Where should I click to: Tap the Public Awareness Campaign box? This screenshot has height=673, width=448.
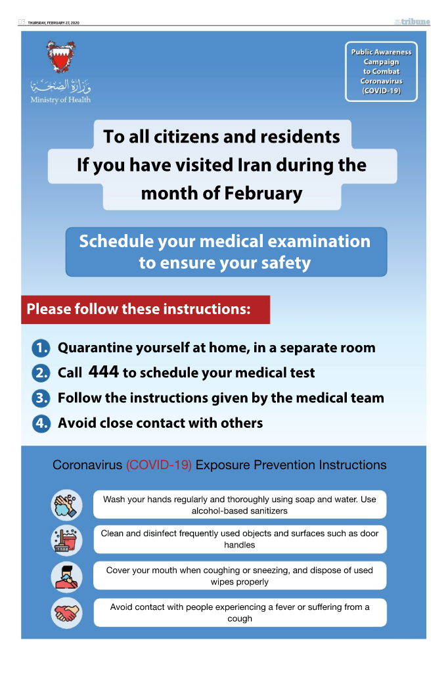coord(381,72)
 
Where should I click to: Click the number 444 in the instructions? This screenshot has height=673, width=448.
coord(104,372)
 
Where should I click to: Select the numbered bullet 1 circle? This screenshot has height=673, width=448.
coord(41,348)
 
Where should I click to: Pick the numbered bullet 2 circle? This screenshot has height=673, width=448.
coord(41,373)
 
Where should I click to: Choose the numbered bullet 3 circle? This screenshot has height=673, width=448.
coord(41,398)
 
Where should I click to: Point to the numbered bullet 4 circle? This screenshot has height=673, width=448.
coord(41,423)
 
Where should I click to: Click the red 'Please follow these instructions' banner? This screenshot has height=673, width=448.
coord(145,309)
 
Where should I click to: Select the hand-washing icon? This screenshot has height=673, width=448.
coord(67,505)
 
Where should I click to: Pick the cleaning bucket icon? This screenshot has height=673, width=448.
coord(67,540)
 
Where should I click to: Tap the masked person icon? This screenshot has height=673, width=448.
coord(67,576)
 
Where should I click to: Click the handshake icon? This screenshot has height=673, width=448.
coord(67,613)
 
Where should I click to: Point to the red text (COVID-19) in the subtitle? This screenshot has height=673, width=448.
coord(159,465)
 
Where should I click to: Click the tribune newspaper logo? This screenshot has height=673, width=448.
coord(413,22)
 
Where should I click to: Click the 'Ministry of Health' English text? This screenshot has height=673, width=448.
coord(60,100)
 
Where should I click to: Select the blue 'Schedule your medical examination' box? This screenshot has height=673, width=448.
coord(226,252)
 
